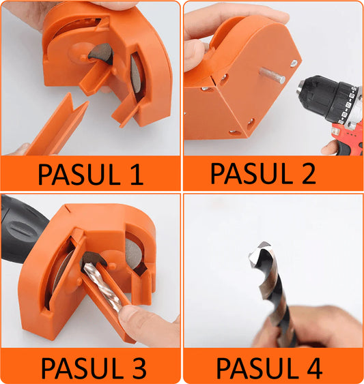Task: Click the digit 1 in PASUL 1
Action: point(137,175)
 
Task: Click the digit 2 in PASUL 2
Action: point(308,173)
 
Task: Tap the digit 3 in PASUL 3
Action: point(139,368)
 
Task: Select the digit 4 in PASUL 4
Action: point(314,368)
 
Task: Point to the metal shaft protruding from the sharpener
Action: point(272,76)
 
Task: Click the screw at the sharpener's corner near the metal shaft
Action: point(294,63)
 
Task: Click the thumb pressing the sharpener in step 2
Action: point(195,55)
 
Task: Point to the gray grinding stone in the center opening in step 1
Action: point(101,52)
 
